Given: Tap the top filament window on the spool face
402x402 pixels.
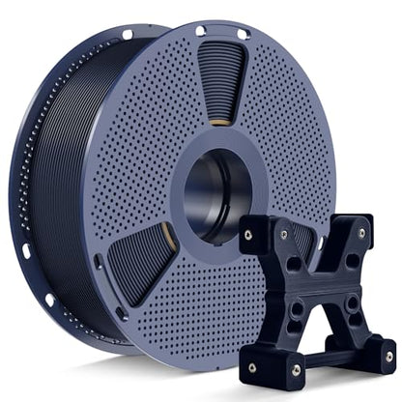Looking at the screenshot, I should [x=221, y=77].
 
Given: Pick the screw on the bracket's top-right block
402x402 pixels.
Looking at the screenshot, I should [x=362, y=233].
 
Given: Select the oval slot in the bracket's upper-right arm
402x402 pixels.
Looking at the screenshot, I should [x=349, y=260].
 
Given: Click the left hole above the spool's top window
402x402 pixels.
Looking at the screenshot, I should [x=200, y=31].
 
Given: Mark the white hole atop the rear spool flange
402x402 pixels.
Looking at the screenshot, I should [x=127, y=35].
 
